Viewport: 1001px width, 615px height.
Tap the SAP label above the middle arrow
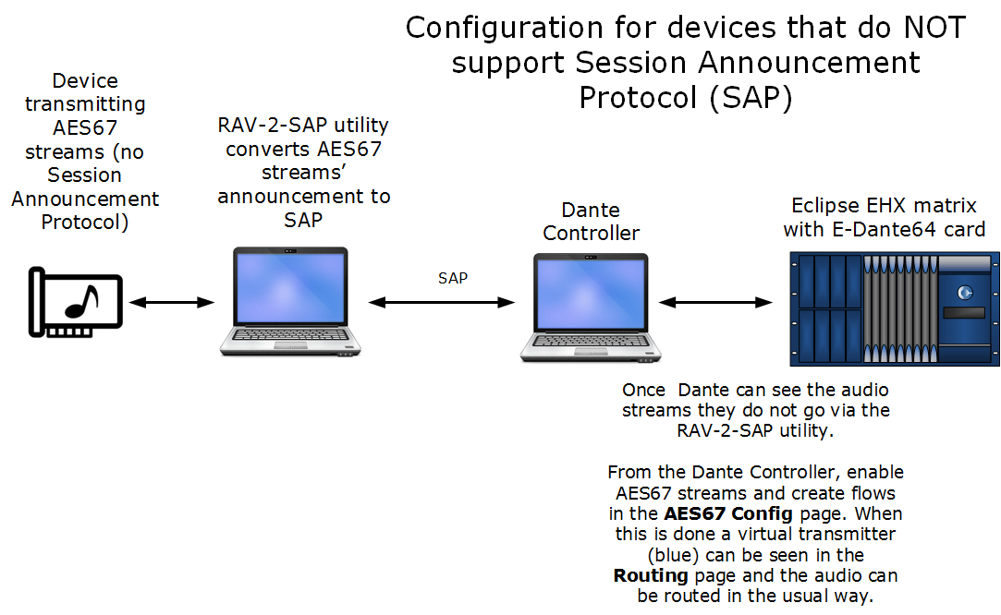click(x=453, y=278)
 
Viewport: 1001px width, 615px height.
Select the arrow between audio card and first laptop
click(x=172, y=302)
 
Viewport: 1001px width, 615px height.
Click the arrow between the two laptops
click(x=442, y=302)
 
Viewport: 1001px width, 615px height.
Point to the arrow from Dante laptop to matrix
click(x=714, y=302)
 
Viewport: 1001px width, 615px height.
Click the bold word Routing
click(x=651, y=575)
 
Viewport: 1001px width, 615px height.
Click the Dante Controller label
click(x=591, y=222)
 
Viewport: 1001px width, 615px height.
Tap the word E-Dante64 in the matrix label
click(x=894, y=229)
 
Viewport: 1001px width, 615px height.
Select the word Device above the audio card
click(x=85, y=81)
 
